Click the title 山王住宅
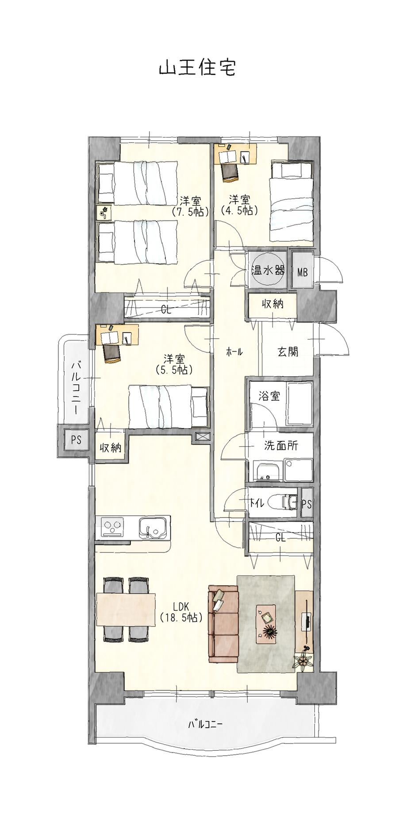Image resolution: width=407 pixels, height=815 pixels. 197,68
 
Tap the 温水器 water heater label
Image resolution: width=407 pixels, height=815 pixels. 268,270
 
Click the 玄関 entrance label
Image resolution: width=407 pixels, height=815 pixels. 288,352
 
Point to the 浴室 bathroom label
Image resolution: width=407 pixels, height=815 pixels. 269,396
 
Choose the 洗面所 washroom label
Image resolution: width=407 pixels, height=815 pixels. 281,446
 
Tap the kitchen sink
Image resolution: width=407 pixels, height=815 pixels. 153,528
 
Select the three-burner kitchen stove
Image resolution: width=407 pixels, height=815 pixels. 113,527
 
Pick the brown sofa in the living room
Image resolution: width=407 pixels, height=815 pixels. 224,622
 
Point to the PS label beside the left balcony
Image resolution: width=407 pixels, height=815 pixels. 76,440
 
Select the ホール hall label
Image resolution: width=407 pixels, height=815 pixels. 234,352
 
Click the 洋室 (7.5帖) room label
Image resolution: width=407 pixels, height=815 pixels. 190,206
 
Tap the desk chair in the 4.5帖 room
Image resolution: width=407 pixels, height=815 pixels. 230,172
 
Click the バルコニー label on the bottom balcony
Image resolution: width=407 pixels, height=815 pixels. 205,725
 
